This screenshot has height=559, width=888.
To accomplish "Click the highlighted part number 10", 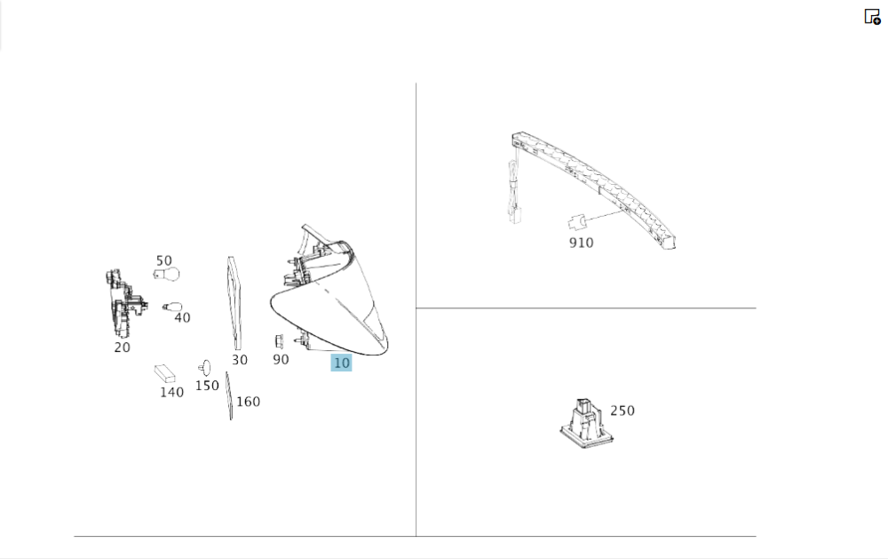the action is (342, 363).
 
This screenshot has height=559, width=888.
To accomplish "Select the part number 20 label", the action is (123, 347).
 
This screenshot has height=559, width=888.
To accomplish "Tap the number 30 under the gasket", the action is (240, 360).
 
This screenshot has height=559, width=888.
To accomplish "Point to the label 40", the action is (182, 318).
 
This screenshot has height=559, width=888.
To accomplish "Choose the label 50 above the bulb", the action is (164, 260).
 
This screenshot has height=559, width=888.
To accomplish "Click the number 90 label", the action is (281, 360).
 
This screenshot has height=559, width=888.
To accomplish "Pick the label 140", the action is (171, 392).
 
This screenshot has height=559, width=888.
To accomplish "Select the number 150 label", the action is (207, 386).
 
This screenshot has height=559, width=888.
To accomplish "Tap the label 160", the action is (248, 402).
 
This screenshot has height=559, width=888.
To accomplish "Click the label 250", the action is (622, 411).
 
